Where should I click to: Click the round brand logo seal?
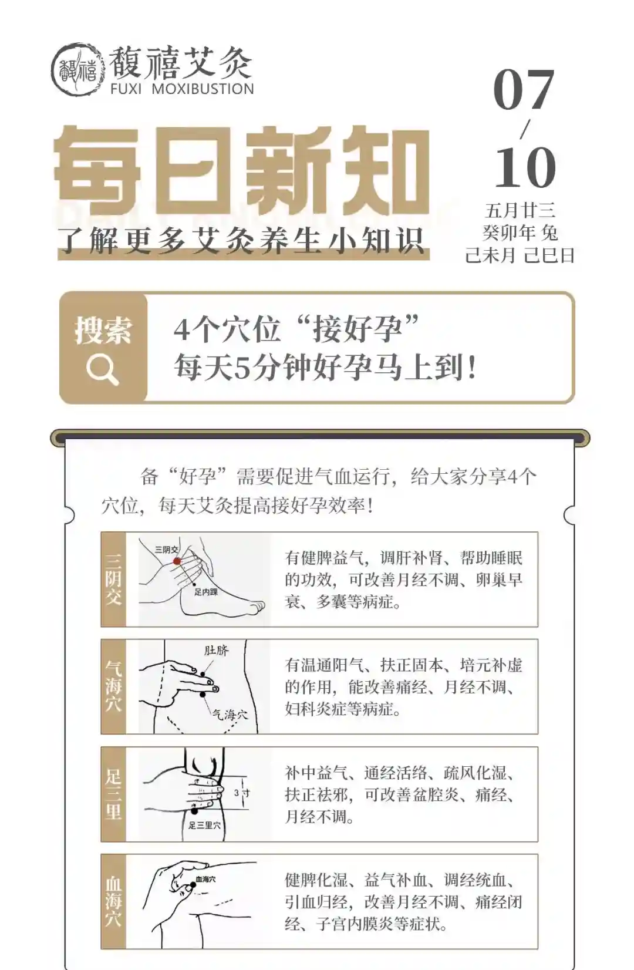(x=78, y=69)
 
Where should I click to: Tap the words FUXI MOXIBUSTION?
(x=182, y=89)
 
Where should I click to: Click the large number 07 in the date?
(x=524, y=90)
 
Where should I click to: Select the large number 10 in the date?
(x=525, y=167)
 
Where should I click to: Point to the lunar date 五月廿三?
(x=520, y=211)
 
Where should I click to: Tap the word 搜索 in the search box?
(x=103, y=330)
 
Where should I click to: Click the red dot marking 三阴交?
(x=177, y=561)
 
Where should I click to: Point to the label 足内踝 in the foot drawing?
(x=205, y=592)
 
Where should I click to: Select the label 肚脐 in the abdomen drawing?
(x=216, y=649)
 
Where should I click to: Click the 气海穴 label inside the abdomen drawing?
(x=230, y=715)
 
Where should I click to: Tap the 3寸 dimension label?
(x=242, y=793)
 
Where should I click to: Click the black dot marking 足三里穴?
(x=194, y=811)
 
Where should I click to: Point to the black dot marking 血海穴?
(x=193, y=884)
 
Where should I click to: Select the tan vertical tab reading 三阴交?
(x=113, y=580)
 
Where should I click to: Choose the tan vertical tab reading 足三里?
(x=113, y=794)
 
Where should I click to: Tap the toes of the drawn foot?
(x=255, y=606)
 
